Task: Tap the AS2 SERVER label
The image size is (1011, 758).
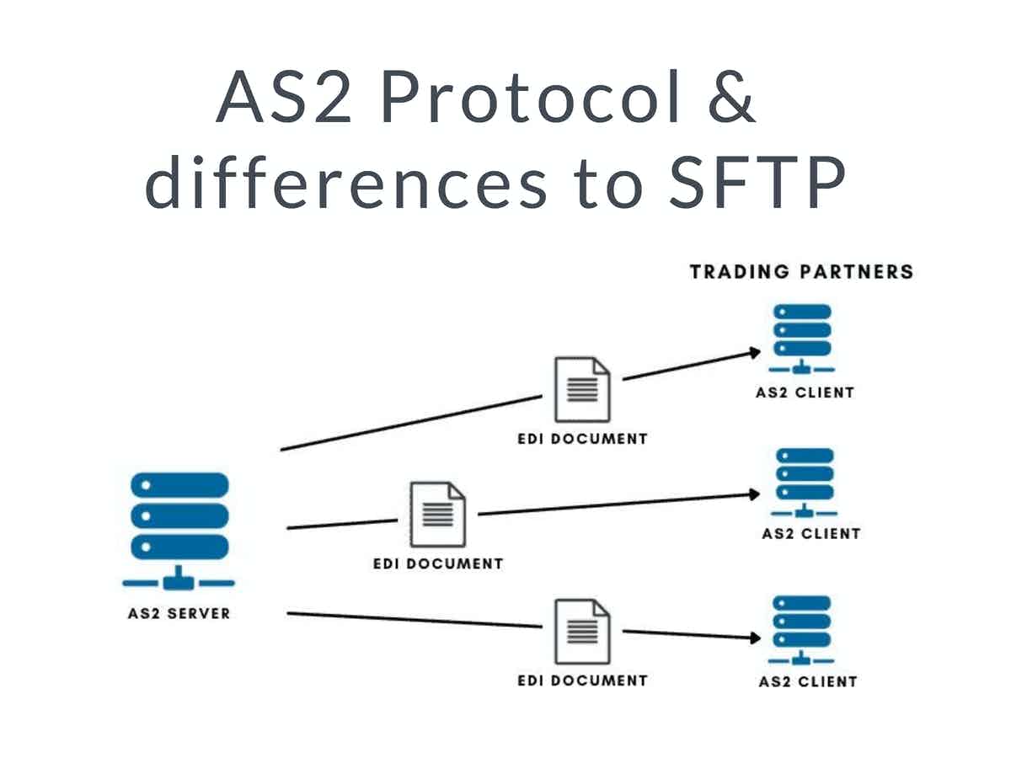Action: (178, 613)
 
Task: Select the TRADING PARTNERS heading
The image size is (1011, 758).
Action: (801, 272)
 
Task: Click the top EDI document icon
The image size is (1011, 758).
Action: (581, 390)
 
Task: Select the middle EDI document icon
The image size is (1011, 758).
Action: (437, 514)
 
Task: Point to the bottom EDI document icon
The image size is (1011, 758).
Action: (581, 632)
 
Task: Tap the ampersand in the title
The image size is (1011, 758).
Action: (729, 98)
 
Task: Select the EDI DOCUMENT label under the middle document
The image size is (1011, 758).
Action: (437, 563)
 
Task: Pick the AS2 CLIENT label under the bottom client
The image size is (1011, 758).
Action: (807, 681)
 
